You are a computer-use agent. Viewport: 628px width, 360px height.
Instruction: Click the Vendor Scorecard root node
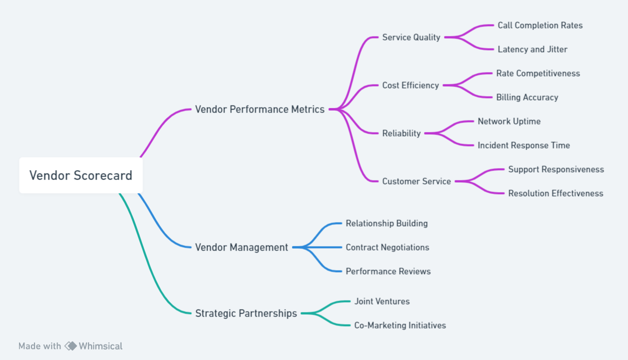[x=80, y=175]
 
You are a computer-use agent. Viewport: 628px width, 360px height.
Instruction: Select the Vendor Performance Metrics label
[x=259, y=109]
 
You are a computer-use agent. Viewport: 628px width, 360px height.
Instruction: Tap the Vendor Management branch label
[x=241, y=247]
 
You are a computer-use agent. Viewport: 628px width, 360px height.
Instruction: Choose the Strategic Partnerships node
[x=246, y=313]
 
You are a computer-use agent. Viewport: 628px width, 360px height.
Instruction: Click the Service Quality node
[x=411, y=37]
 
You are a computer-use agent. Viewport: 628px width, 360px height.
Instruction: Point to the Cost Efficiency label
[x=410, y=85]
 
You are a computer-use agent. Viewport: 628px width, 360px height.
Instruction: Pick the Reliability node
[x=401, y=133]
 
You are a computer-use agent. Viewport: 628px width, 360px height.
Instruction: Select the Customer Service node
[x=416, y=181]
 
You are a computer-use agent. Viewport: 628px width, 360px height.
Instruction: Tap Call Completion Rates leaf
[x=540, y=25]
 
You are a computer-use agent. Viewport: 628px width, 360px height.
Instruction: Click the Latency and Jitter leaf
[x=532, y=49]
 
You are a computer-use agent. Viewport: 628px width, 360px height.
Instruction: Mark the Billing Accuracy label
[x=527, y=97]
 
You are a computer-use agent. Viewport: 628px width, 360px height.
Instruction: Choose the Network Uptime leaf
[x=509, y=121]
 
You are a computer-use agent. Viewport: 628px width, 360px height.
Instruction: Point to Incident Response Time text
[x=523, y=145]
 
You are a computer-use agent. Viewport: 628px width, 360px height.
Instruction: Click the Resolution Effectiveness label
[x=555, y=193]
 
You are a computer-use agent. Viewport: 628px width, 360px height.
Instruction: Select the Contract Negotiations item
[x=387, y=247]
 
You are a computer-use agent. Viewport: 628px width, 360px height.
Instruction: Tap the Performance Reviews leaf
[x=388, y=271]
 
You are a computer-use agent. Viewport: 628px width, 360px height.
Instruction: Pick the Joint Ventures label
[x=382, y=301]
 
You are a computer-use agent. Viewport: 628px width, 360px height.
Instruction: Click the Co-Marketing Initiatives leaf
[x=400, y=325]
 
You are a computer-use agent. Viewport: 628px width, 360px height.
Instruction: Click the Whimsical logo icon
[x=70, y=346]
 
